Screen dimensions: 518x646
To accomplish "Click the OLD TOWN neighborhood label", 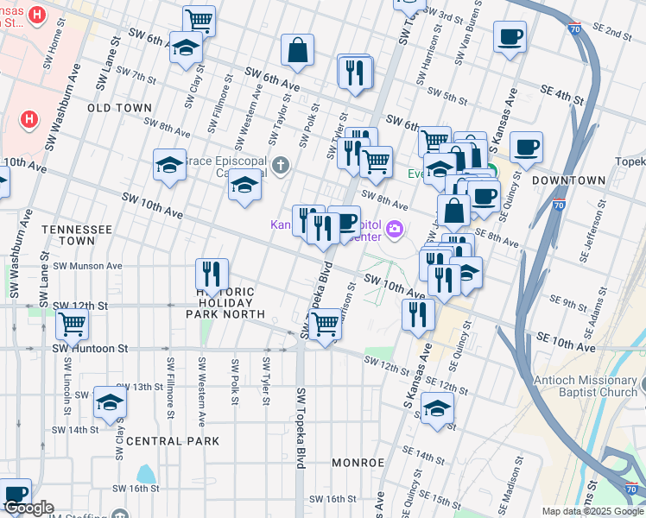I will (120, 108).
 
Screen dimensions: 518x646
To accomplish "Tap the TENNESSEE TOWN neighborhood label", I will (78, 235).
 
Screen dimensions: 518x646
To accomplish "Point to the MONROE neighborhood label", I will (358, 463).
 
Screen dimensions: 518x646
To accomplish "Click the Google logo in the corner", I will (28, 508).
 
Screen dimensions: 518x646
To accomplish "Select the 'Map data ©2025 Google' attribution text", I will (592, 511).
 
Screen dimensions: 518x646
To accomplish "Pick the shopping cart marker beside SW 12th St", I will (73, 325).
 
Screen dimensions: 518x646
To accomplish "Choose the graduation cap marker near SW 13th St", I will (110, 402).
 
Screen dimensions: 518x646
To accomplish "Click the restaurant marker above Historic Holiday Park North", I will (212, 275).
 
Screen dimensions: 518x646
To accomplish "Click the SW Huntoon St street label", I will (90, 349).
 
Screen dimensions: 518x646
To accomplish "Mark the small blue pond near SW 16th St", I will (145, 474).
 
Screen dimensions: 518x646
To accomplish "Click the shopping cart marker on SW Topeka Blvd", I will (325, 325).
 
